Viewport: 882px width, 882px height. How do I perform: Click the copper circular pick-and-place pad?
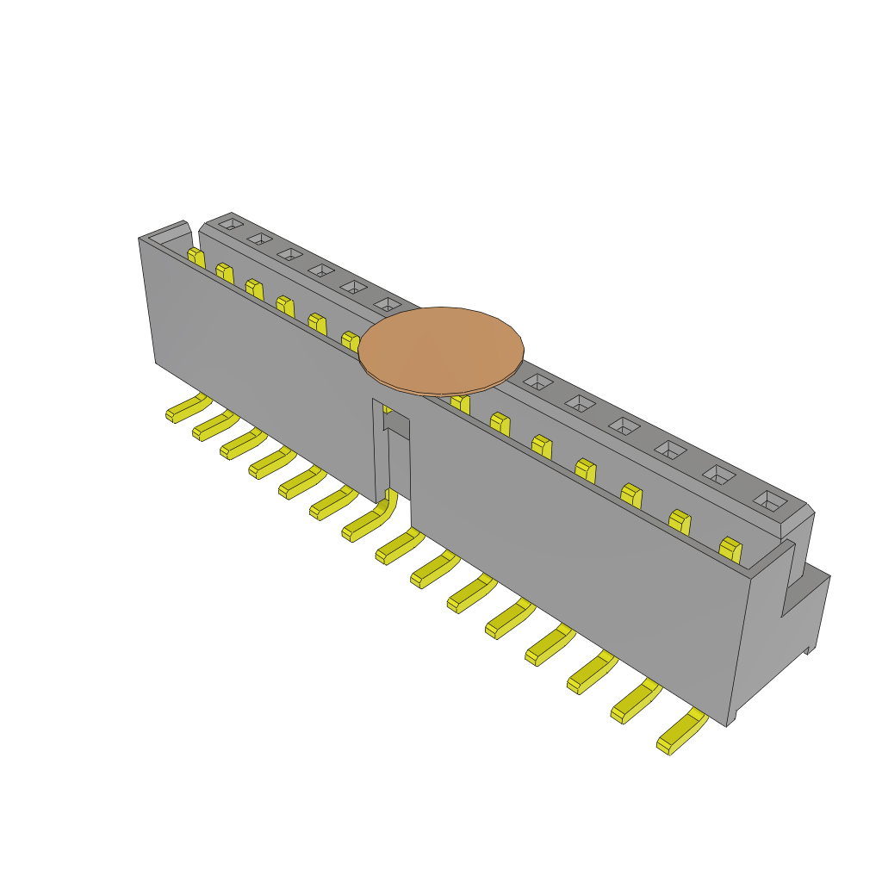441,350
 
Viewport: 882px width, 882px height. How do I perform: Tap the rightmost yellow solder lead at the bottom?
680,734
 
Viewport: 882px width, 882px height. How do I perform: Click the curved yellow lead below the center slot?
371,519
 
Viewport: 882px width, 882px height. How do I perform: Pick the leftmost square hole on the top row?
231,224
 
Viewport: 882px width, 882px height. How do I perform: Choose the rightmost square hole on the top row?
769,500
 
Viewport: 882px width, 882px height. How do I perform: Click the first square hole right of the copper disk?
537,381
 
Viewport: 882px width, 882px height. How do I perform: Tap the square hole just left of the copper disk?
388,304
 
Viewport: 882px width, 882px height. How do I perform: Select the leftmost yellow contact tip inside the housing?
196,257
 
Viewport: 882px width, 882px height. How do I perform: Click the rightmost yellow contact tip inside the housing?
730,549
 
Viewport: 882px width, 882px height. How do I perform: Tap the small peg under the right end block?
809,649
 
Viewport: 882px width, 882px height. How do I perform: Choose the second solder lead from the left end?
214,425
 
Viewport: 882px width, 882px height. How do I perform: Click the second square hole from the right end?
719,475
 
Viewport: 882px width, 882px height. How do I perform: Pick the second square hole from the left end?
259,238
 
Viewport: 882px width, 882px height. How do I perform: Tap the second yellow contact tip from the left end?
225,273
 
